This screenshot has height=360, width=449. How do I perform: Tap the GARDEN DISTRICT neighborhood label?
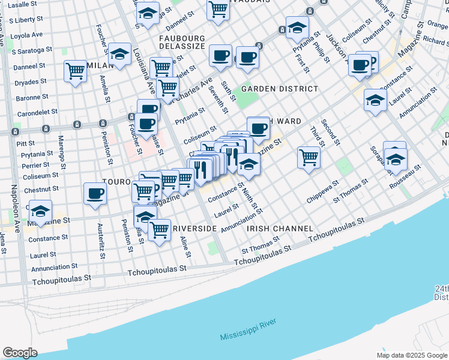(280, 89)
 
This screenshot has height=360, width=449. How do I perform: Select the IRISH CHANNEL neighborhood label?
(280, 229)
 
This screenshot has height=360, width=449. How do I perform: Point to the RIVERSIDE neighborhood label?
(194, 229)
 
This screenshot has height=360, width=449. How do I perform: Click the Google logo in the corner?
(20, 353)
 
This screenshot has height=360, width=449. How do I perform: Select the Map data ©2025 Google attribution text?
(411, 355)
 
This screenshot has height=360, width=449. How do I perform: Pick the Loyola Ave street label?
(27, 35)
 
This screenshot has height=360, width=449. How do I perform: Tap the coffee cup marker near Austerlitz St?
(95, 194)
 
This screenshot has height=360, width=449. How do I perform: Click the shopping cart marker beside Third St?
(309, 158)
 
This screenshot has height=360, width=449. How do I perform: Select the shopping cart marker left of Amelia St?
(75, 71)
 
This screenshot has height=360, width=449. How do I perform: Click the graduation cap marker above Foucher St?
(119, 55)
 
